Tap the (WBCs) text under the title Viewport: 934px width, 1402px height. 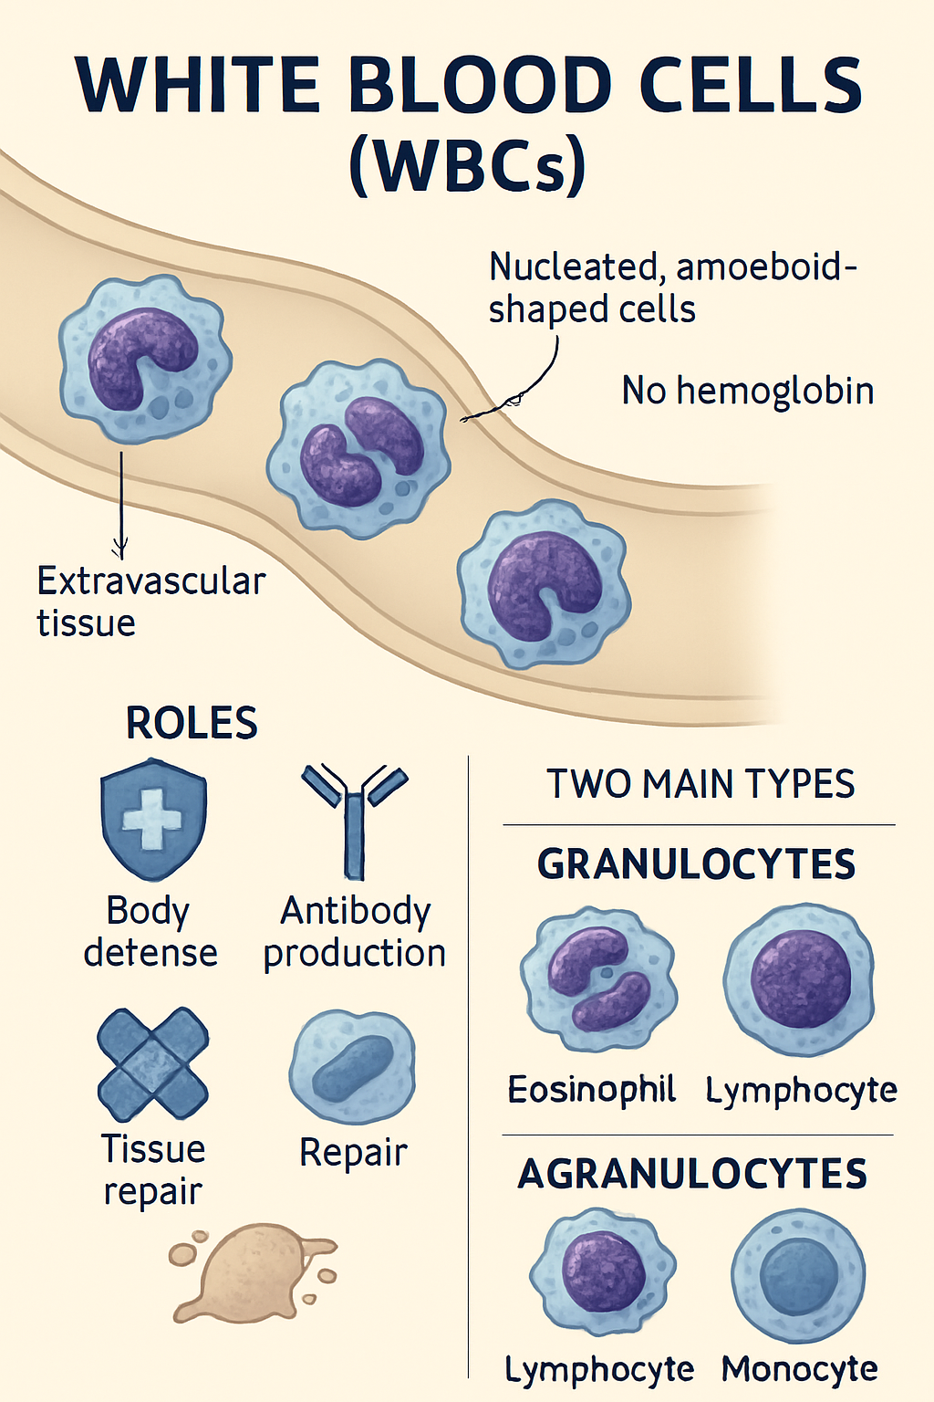coord(467,165)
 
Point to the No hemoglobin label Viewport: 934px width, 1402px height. coord(747,391)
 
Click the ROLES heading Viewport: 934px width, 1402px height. coord(192,723)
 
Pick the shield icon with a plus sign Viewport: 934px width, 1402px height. coord(153,818)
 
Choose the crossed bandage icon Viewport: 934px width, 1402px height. coord(153,1064)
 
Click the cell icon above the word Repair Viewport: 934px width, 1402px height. coord(352,1066)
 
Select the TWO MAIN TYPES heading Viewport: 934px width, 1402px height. coord(700,784)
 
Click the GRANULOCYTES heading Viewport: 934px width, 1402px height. coord(697,863)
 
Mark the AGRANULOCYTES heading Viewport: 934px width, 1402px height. coord(692,1174)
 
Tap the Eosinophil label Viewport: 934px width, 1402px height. coord(591,1089)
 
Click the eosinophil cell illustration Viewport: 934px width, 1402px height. coord(598,978)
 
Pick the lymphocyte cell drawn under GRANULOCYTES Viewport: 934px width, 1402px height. coord(799,978)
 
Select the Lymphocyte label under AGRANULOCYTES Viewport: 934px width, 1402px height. coord(599,1369)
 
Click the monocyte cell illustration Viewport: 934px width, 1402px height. coord(799,1274)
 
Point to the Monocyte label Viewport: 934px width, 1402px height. coord(799,1369)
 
